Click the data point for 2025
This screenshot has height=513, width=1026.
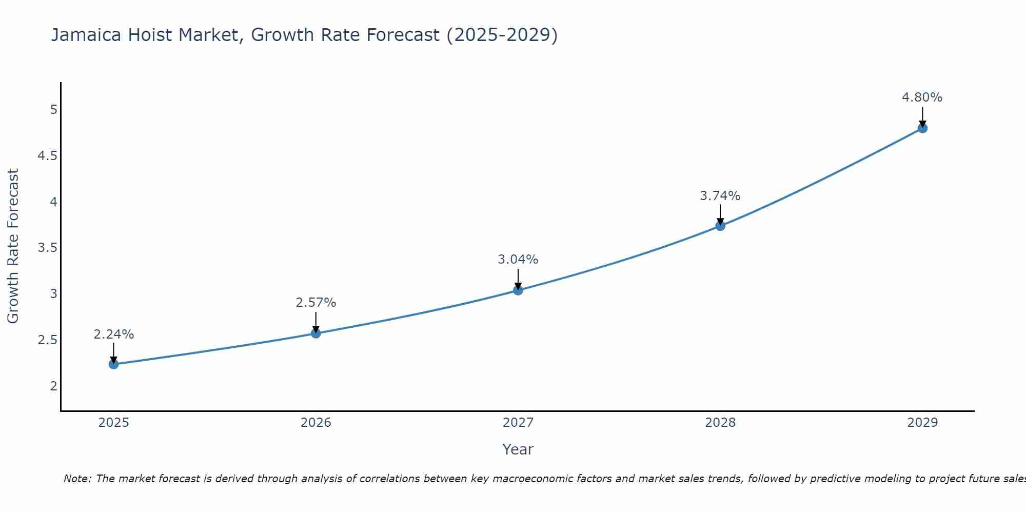tap(114, 364)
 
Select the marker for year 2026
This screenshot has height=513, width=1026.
tap(316, 333)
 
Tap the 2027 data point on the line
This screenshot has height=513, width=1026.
tap(518, 290)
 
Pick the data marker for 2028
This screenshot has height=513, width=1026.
tap(720, 226)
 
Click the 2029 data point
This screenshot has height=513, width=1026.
tap(922, 128)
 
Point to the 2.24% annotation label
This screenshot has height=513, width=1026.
tap(114, 334)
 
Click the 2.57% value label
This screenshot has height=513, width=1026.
tap(316, 303)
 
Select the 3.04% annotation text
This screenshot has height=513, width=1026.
tap(518, 260)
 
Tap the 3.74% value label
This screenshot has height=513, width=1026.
tap(720, 196)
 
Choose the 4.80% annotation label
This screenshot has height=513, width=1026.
tap(922, 97)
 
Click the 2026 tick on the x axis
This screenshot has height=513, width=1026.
tap(316, 423)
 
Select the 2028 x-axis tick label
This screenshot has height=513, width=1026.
tap(720, 423)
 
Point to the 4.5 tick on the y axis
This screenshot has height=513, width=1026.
tap(47, 156)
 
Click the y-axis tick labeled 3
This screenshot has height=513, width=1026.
tap(53, 294)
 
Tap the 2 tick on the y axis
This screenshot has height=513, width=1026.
tap(53, 386)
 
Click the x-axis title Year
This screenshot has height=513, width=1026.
tap(518, 449)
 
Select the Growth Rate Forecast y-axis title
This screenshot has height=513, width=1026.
tap(13, 246)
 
